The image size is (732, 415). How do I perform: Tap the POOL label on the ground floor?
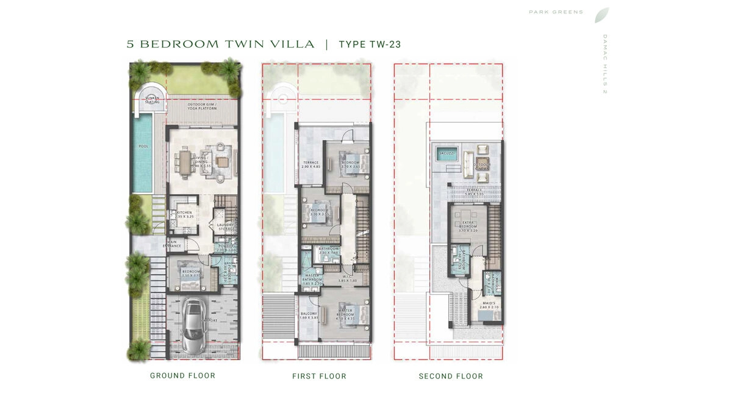click(x=143, y=146)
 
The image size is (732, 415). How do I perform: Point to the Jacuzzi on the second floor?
click(x=443, y=153)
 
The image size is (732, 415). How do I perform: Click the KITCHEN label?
click(x=184, y=213)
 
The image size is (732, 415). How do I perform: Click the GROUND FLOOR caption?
click(x=182, y=375)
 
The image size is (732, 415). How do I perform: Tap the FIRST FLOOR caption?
click(x=319, y=377)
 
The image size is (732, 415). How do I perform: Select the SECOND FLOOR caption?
click(x=451, y=377)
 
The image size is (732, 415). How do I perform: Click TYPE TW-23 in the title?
click(x=369, y=45)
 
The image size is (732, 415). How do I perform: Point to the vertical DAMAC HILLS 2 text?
click(x=605, y=64)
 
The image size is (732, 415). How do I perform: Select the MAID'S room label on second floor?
click(x=489, y=305)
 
